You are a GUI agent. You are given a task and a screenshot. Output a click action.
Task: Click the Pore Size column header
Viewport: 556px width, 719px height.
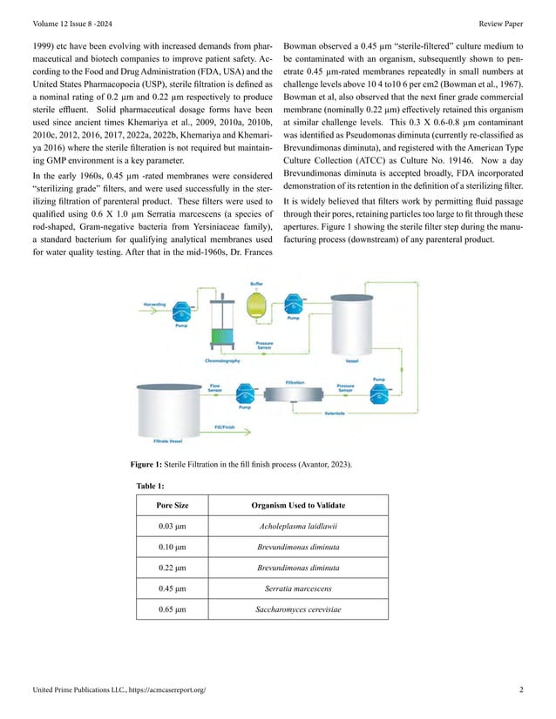[x=172, y=505]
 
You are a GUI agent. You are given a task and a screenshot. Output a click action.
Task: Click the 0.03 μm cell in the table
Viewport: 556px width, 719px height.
[x=172, y=526]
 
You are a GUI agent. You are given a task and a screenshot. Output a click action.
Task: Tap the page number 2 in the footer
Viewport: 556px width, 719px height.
[x=520, y=690]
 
